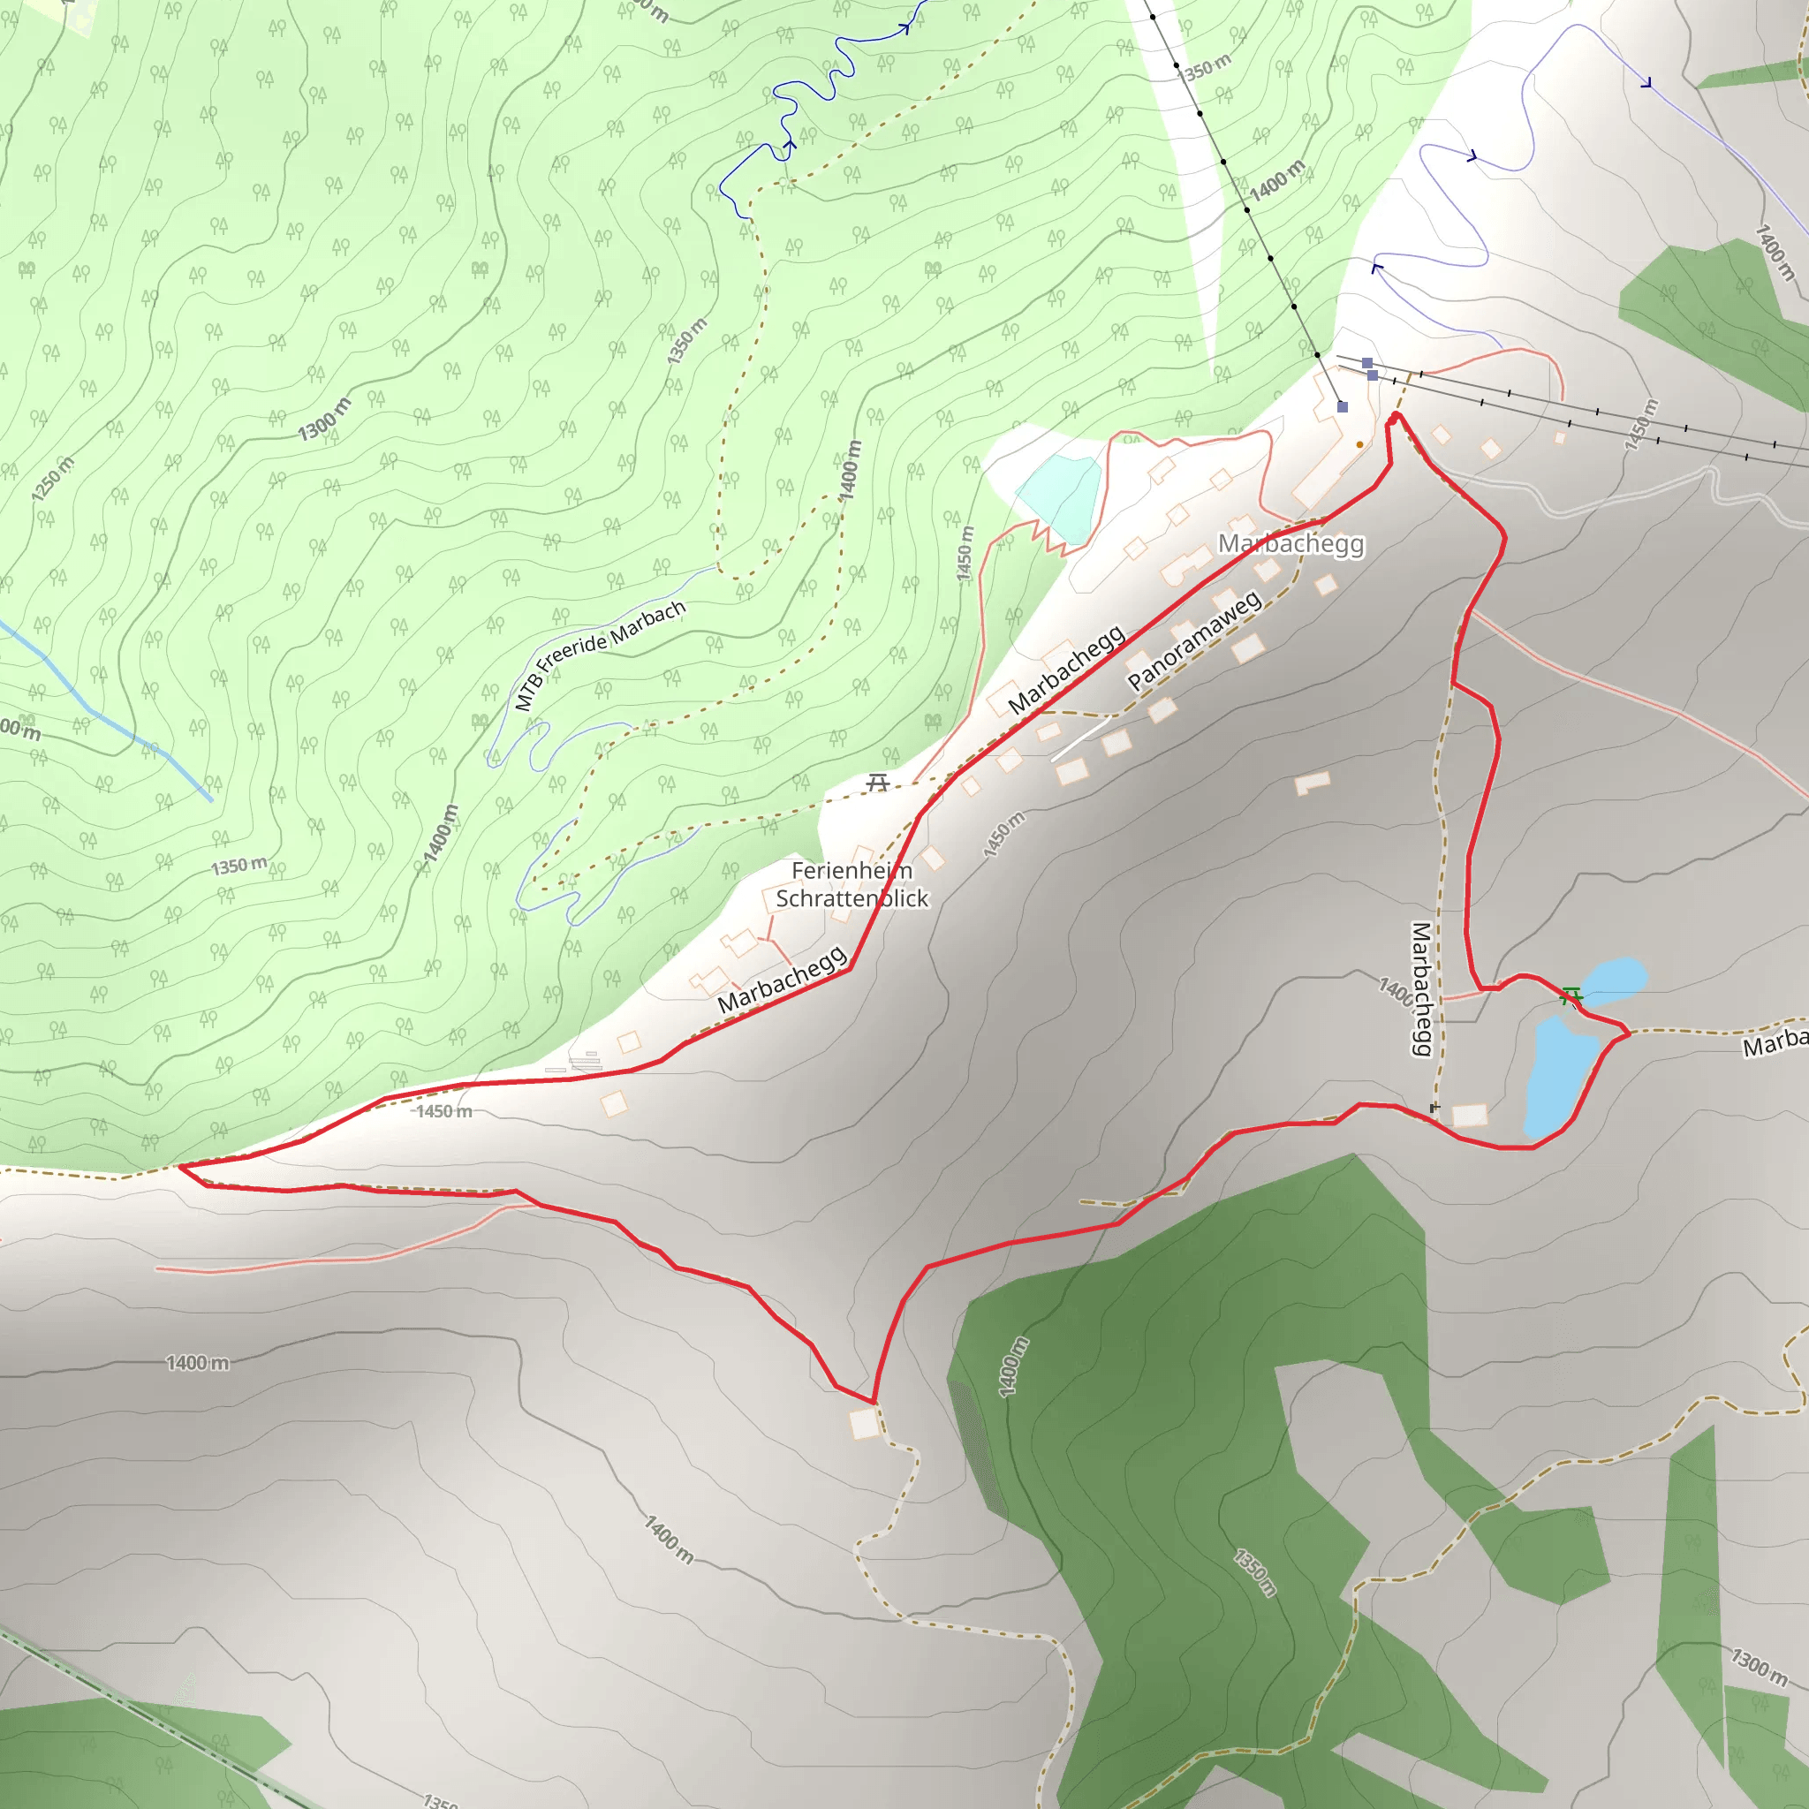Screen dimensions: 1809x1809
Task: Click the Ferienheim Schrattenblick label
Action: [x=852, y=885]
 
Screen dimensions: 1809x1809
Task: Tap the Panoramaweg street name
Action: [x=1194, y=640]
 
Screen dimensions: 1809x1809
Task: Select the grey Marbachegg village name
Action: [x=1291, y=544]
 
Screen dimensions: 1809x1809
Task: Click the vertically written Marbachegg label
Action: [x=1420, y=988]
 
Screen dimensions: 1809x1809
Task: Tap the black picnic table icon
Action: [x=877, y=782]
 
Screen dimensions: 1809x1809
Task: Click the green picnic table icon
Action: [x=1571, y=995]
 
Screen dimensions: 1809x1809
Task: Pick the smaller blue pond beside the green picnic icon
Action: [x=1612, y=975]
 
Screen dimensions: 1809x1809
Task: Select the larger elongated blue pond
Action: [x=1559, y=1077]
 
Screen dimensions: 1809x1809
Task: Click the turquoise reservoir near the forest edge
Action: [x=1060, y=496]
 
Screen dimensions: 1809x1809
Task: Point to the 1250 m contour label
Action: [x=52, y=480]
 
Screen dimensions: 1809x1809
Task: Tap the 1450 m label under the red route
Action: [x=443, y=1111]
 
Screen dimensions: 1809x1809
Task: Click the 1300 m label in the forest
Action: [x=324, y=419]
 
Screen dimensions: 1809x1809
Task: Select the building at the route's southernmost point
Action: [x=864, y=1424]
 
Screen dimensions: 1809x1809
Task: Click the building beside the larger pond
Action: [x=1469, y=1114]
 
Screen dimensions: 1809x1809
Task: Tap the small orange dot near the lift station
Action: [x=1359, y=445]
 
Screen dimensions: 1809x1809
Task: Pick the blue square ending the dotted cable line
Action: [x=1342, y=406]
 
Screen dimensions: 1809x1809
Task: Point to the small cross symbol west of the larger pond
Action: [x=1434, y=1108]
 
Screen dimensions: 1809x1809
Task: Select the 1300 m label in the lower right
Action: [x=1759, y=1666]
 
